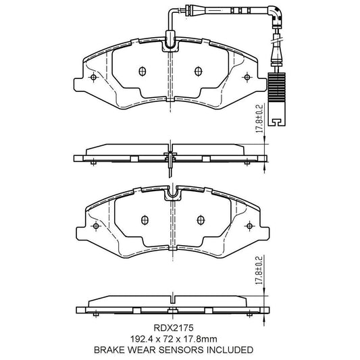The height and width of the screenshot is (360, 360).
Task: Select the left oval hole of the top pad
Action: click(141, 72)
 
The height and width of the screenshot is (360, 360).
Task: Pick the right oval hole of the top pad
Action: click(198, 72)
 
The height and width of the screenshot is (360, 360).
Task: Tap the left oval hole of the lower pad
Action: click(144, 220)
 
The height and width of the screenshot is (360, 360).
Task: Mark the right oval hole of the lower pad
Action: click(201, 220)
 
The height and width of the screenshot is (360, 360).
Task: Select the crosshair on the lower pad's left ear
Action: click(96, 226)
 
